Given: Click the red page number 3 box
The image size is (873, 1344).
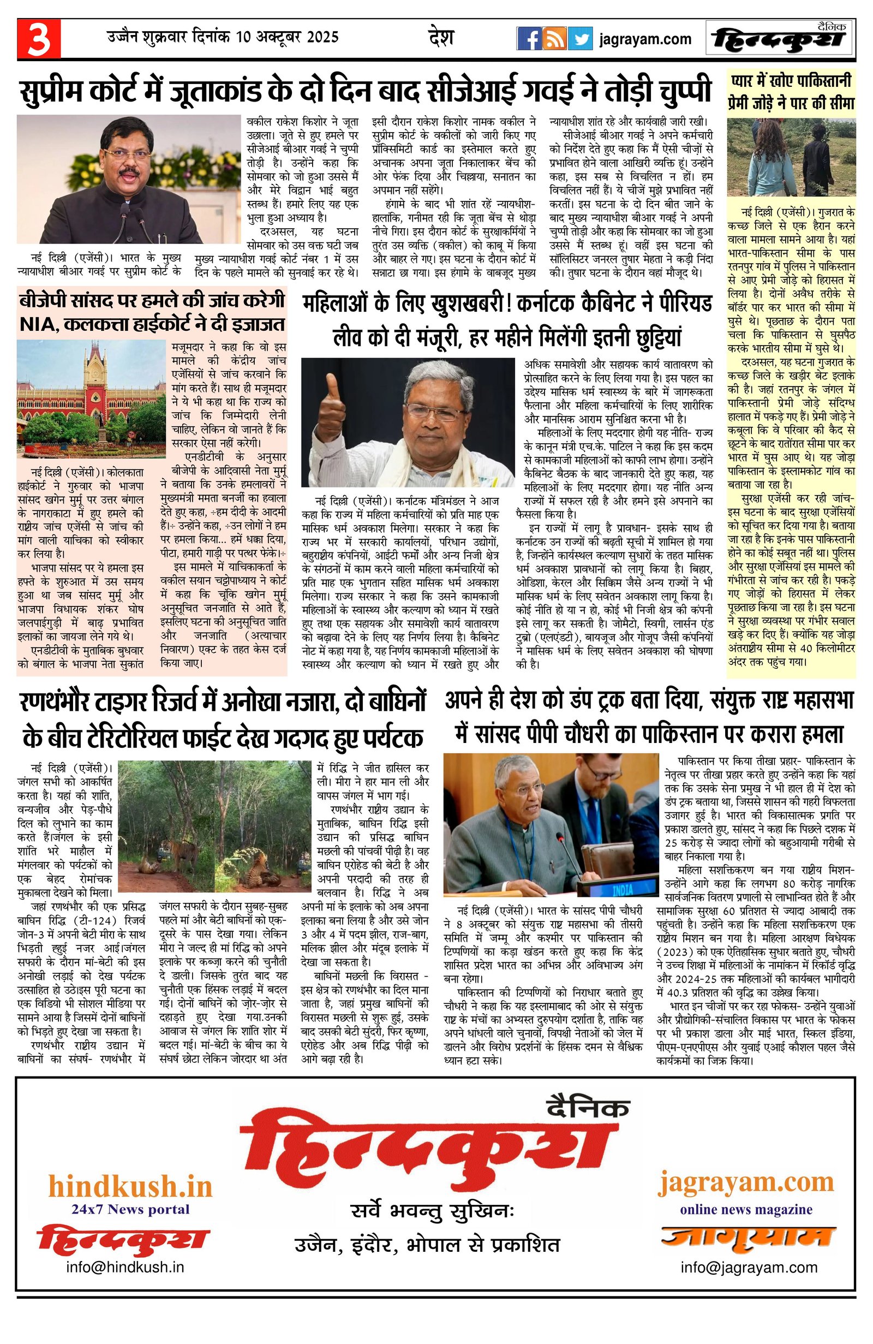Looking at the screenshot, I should (x=38, y=38).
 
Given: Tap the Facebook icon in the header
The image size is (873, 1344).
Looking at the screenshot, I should (x=529, y=39).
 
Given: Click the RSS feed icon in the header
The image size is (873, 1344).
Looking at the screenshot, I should (x=555, y=39).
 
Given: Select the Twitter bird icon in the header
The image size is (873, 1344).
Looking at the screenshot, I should (x=580, y=39).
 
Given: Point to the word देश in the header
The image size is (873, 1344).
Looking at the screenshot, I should (x=441, y=38).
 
